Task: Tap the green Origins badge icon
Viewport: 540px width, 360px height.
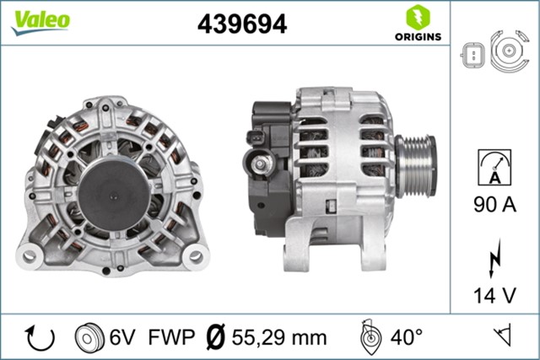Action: pyautogui.click(x=415, y=17)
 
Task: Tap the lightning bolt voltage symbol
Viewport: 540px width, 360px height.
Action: pyautogui.click(x=495, y=262)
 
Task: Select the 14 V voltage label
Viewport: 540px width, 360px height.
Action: pyautogui.click(x=496, y=296)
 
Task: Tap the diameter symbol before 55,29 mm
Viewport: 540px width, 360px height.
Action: pyautogui.click(x=214, y=338)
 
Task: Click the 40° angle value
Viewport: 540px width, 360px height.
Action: pyautogui.click(x=407, y=338)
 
